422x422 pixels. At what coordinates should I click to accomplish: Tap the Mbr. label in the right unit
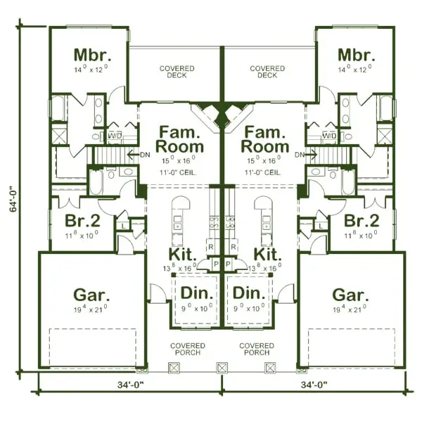354,55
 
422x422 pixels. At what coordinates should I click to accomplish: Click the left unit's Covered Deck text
177,72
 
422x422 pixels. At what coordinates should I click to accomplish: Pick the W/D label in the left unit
114,134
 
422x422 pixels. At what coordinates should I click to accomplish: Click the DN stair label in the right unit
300,154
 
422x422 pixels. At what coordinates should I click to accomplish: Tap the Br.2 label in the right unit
363,219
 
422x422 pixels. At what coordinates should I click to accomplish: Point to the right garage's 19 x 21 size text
350,309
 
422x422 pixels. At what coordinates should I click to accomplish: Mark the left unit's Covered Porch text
188,349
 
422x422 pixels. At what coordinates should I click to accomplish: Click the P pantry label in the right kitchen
234,264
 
